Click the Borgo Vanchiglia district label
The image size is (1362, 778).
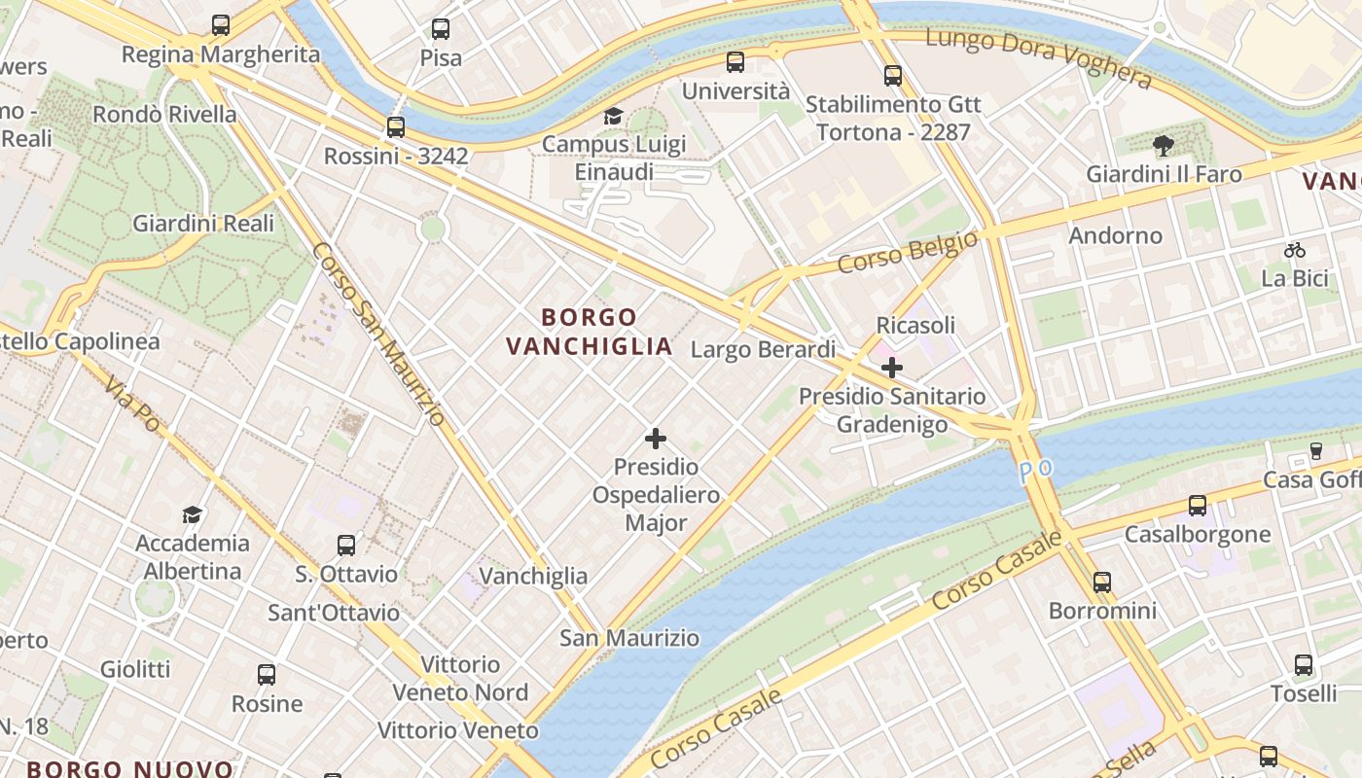click(x=589, y=332)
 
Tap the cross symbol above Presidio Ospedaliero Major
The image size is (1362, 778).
click(x=656, y=439)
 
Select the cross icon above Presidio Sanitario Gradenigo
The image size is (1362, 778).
click(x=891, y=368)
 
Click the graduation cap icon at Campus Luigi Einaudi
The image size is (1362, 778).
click(x=613, y=117)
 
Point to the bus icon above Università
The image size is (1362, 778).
click(x=735, y=62)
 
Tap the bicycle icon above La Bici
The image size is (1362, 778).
click(x=1294, y=250)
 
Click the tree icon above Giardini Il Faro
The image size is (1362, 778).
click(x=1163, y=147)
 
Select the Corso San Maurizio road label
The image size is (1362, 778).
click(x=378, y=334)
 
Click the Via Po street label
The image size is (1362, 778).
click(x=132, y=405)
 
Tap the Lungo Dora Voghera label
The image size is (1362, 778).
click(x=1038, y=56)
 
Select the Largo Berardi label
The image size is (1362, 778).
click(x=763, y=349)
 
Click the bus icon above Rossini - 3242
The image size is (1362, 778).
click(x=395, y=127)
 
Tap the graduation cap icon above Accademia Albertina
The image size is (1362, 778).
click(x=193, y=514)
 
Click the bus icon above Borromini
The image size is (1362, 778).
click(x=1101, y=583)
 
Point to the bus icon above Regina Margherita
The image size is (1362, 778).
click(x=221, y=25)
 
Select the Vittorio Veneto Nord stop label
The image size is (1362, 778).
click(x=460, y=679)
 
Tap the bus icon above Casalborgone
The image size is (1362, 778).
click(x=1197, y=506)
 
